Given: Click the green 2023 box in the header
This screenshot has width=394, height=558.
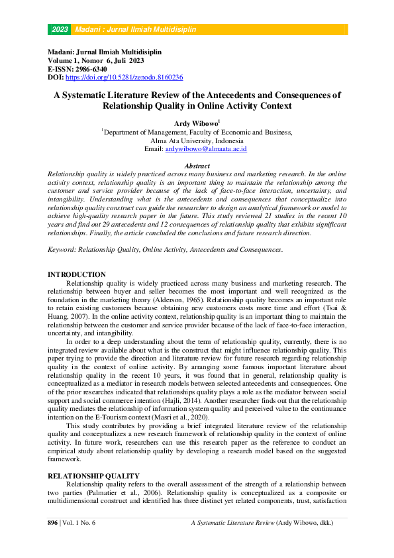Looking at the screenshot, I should pyautogui.click(x=60, y=30).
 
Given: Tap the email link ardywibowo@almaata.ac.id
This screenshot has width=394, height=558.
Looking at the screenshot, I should pyautogui.click(x=206, y=150).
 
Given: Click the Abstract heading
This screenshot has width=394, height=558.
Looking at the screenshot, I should pyautogui.click(x=197, y=166).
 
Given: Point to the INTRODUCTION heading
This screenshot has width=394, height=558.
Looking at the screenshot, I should pyautogui.click(x=77, y=274).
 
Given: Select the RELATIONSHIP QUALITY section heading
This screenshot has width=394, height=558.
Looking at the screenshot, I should pyautogui.click(x=93, y=476).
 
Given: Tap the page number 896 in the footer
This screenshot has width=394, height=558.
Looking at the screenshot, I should pyautogui.click(x=54, y=523).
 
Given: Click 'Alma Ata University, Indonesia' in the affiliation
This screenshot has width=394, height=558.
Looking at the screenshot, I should pyautogui.click(x=197, y=141).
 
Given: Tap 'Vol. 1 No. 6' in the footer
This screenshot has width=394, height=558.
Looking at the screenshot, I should pyautogui.click(x=80, y=523).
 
